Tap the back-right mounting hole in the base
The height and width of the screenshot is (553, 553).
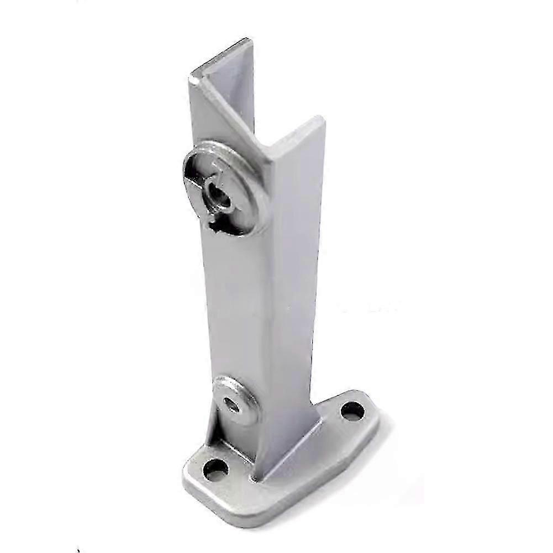tap(352, 410)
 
